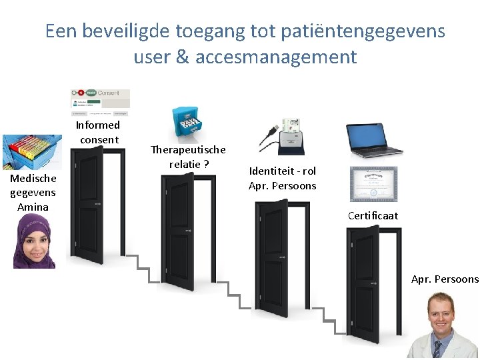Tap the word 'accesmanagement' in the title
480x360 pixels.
[x=276, y=57]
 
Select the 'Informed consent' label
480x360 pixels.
[x=98, y=132]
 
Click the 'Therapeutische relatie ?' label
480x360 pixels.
[x=188, y=157]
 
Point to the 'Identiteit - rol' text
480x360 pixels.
[x=282, y=171]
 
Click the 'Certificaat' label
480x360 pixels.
[x=373, y=215]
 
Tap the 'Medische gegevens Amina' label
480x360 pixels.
[x=33, y=193]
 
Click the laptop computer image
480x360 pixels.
[x=374, y=141]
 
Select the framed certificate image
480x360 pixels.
[x=373, y=184]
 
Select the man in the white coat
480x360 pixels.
[x=443, y=327]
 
